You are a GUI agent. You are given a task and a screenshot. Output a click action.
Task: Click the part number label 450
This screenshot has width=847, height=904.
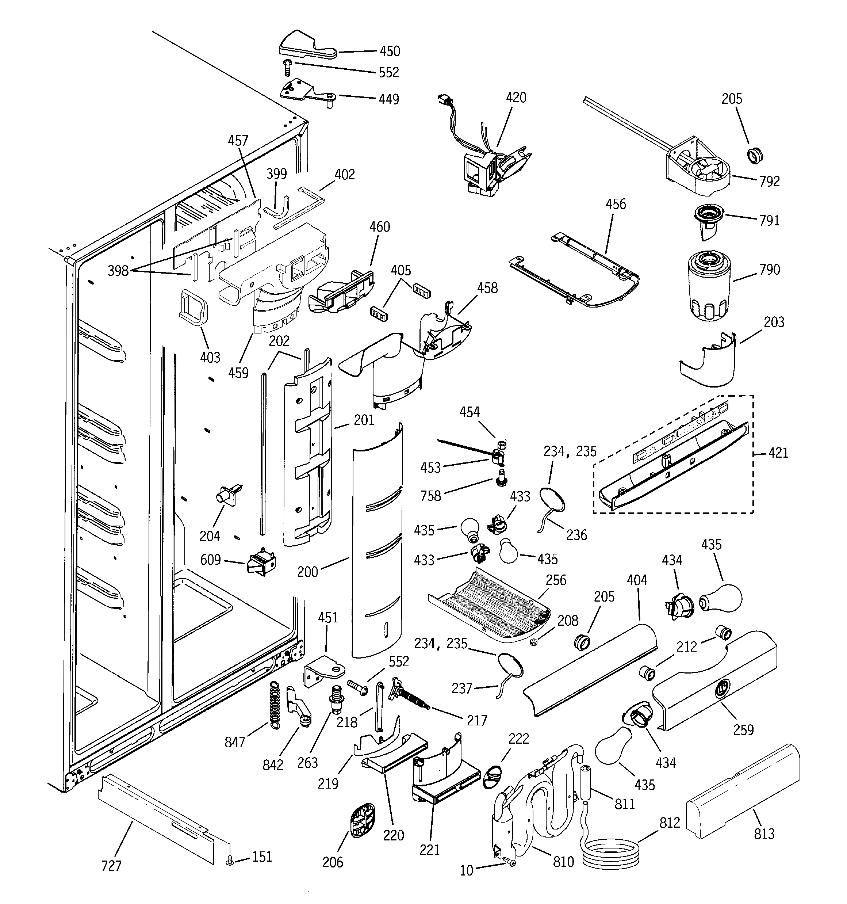pyautogui.click(x=390, y=52)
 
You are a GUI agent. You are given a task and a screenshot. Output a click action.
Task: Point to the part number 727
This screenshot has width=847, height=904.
pyautogui.click(x=111, y=866)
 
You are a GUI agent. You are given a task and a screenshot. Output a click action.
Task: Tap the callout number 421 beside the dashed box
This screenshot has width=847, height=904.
pyautogui.click(x=778, y=453)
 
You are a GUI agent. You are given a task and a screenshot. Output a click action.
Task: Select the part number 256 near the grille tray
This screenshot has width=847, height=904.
pyautogui.click(x=556, y=580)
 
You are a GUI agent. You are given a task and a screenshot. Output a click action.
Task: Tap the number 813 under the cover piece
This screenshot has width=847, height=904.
pyautogui.click(x=764, y=834)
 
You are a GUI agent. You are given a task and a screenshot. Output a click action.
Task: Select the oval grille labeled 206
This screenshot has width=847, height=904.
pyautogui.click(x=363, y=819)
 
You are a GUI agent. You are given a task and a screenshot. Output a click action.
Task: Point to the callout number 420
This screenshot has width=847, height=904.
pyautogui.click(x=516, y=98)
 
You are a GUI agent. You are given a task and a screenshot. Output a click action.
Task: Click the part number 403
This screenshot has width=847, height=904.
pyautogui.click(x=210, y=358)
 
